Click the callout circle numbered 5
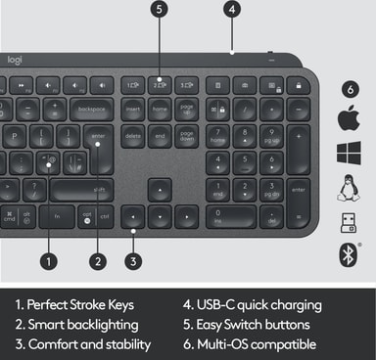pyautogui.click(x=161, y=10)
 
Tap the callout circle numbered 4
pyautogui.click(x=231, y=10)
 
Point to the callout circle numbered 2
pyautogui.click(x=98, y=260)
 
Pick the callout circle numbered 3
pyautogui.click(x=134, y=260)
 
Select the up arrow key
pyautogui.click(x=160, y=186)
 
